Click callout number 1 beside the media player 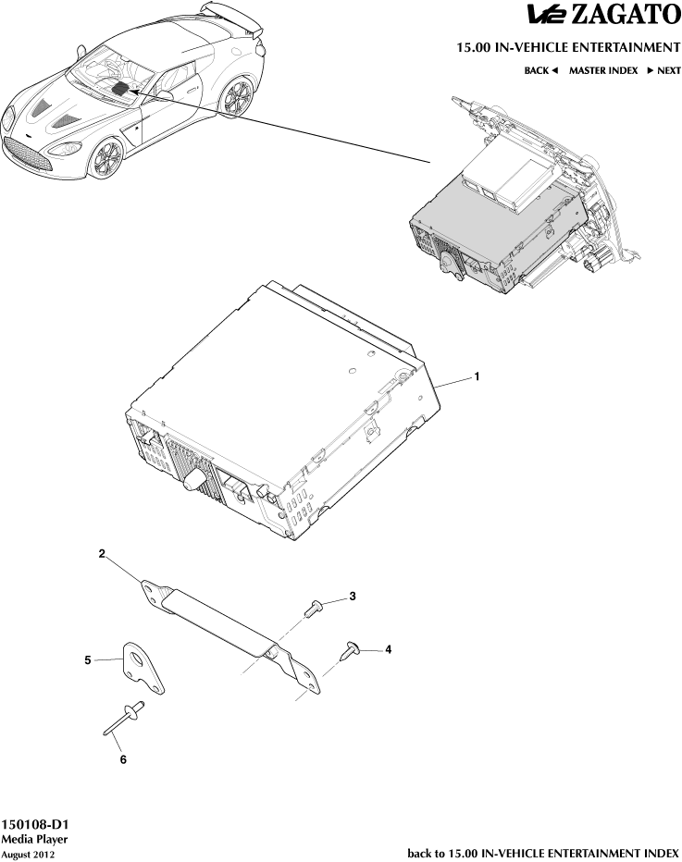click(477, 376)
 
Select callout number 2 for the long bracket click(102, 554)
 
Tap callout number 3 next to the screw click(353, 596)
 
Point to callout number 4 click(389, 649)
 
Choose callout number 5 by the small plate click(88, 660)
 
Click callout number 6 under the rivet click(123, 759)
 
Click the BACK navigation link click(541, 70)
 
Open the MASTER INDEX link click(603, 70)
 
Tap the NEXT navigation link click(663, 70)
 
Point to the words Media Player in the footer click(34, 840)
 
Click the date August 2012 click(28, 855)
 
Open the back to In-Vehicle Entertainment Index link click(543, 853)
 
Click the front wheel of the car click(106, 158)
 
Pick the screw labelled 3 click(312, 608)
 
